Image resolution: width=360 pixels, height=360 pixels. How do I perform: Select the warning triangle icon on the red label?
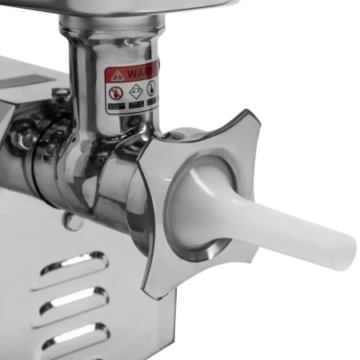tap(118, 75)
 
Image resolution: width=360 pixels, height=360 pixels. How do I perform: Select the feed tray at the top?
tap(136, 10)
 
